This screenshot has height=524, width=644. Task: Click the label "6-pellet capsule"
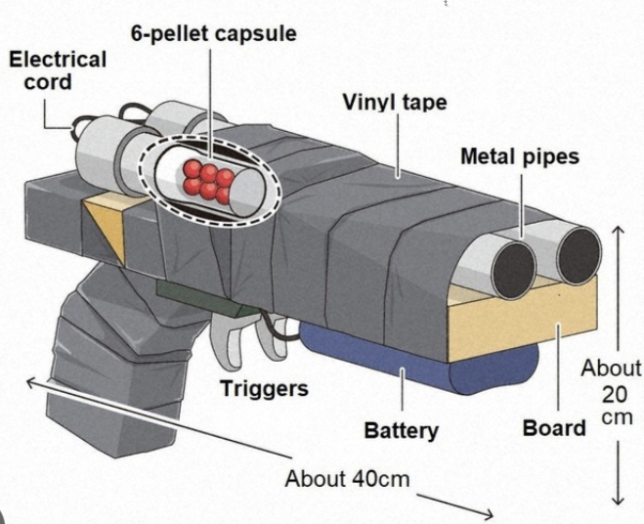click(x=214, y=33)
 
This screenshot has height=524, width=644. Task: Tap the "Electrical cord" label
click(x=58, y=70)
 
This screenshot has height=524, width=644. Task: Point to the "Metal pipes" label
click(x=519, y=156)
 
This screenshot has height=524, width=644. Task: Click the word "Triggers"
click(x=263, y=388)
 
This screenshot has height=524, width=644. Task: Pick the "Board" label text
click(x=554, y=427)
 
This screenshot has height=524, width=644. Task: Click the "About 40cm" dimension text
click(x=347, y=479)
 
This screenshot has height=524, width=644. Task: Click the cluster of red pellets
click(x=207, y=180)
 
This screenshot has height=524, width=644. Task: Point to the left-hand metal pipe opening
click(x=513, y=269)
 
